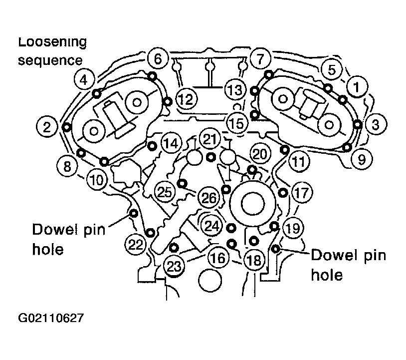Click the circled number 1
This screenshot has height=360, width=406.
(x=357, y=87)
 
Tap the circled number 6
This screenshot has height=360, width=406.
(x=158, y=58)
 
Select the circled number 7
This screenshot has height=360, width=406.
(x=260, y=58)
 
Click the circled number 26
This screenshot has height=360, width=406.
(x=208, y=198)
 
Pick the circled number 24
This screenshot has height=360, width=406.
(x=212, y=226)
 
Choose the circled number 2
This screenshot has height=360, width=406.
(x=47, y=127)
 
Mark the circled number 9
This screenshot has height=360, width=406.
(x=362, y=159)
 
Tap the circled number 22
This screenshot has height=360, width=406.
(x=136, y=244)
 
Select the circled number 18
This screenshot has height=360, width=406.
(x=254, y=260)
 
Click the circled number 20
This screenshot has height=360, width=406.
(x=260, y=154)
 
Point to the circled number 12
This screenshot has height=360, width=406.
(x=187, y=99)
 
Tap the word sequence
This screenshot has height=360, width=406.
(x=50, y=61)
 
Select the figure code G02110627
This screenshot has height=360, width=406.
(x=51, y=318)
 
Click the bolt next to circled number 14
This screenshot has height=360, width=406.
(x=152, y=146)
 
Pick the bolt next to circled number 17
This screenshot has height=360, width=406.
(x=283, y=193)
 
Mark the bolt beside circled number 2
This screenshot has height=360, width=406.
(x=67, y=127)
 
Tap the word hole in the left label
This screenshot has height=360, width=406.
(x=48, y=250)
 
